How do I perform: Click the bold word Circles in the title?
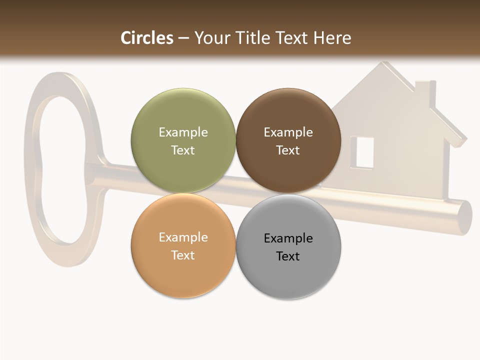click(147, 38)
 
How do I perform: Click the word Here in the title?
click(332, 38)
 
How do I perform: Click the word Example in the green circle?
click(183, 132)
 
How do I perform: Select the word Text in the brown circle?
click(288, 150)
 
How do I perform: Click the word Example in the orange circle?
click(183, 237)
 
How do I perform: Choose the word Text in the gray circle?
click(288, 256)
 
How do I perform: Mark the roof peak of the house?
click(384, 64)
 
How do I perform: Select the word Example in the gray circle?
click(288, 238)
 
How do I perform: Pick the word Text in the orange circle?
click(183, 255)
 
